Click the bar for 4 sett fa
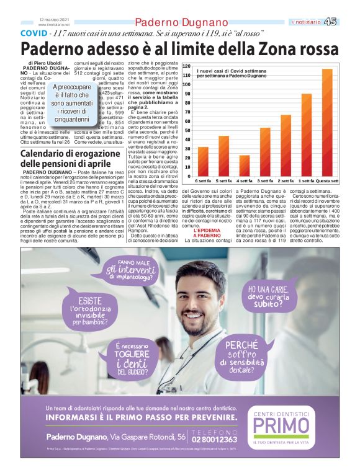244,164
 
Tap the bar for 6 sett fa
203,160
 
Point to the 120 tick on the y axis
186,66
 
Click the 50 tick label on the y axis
187,130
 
